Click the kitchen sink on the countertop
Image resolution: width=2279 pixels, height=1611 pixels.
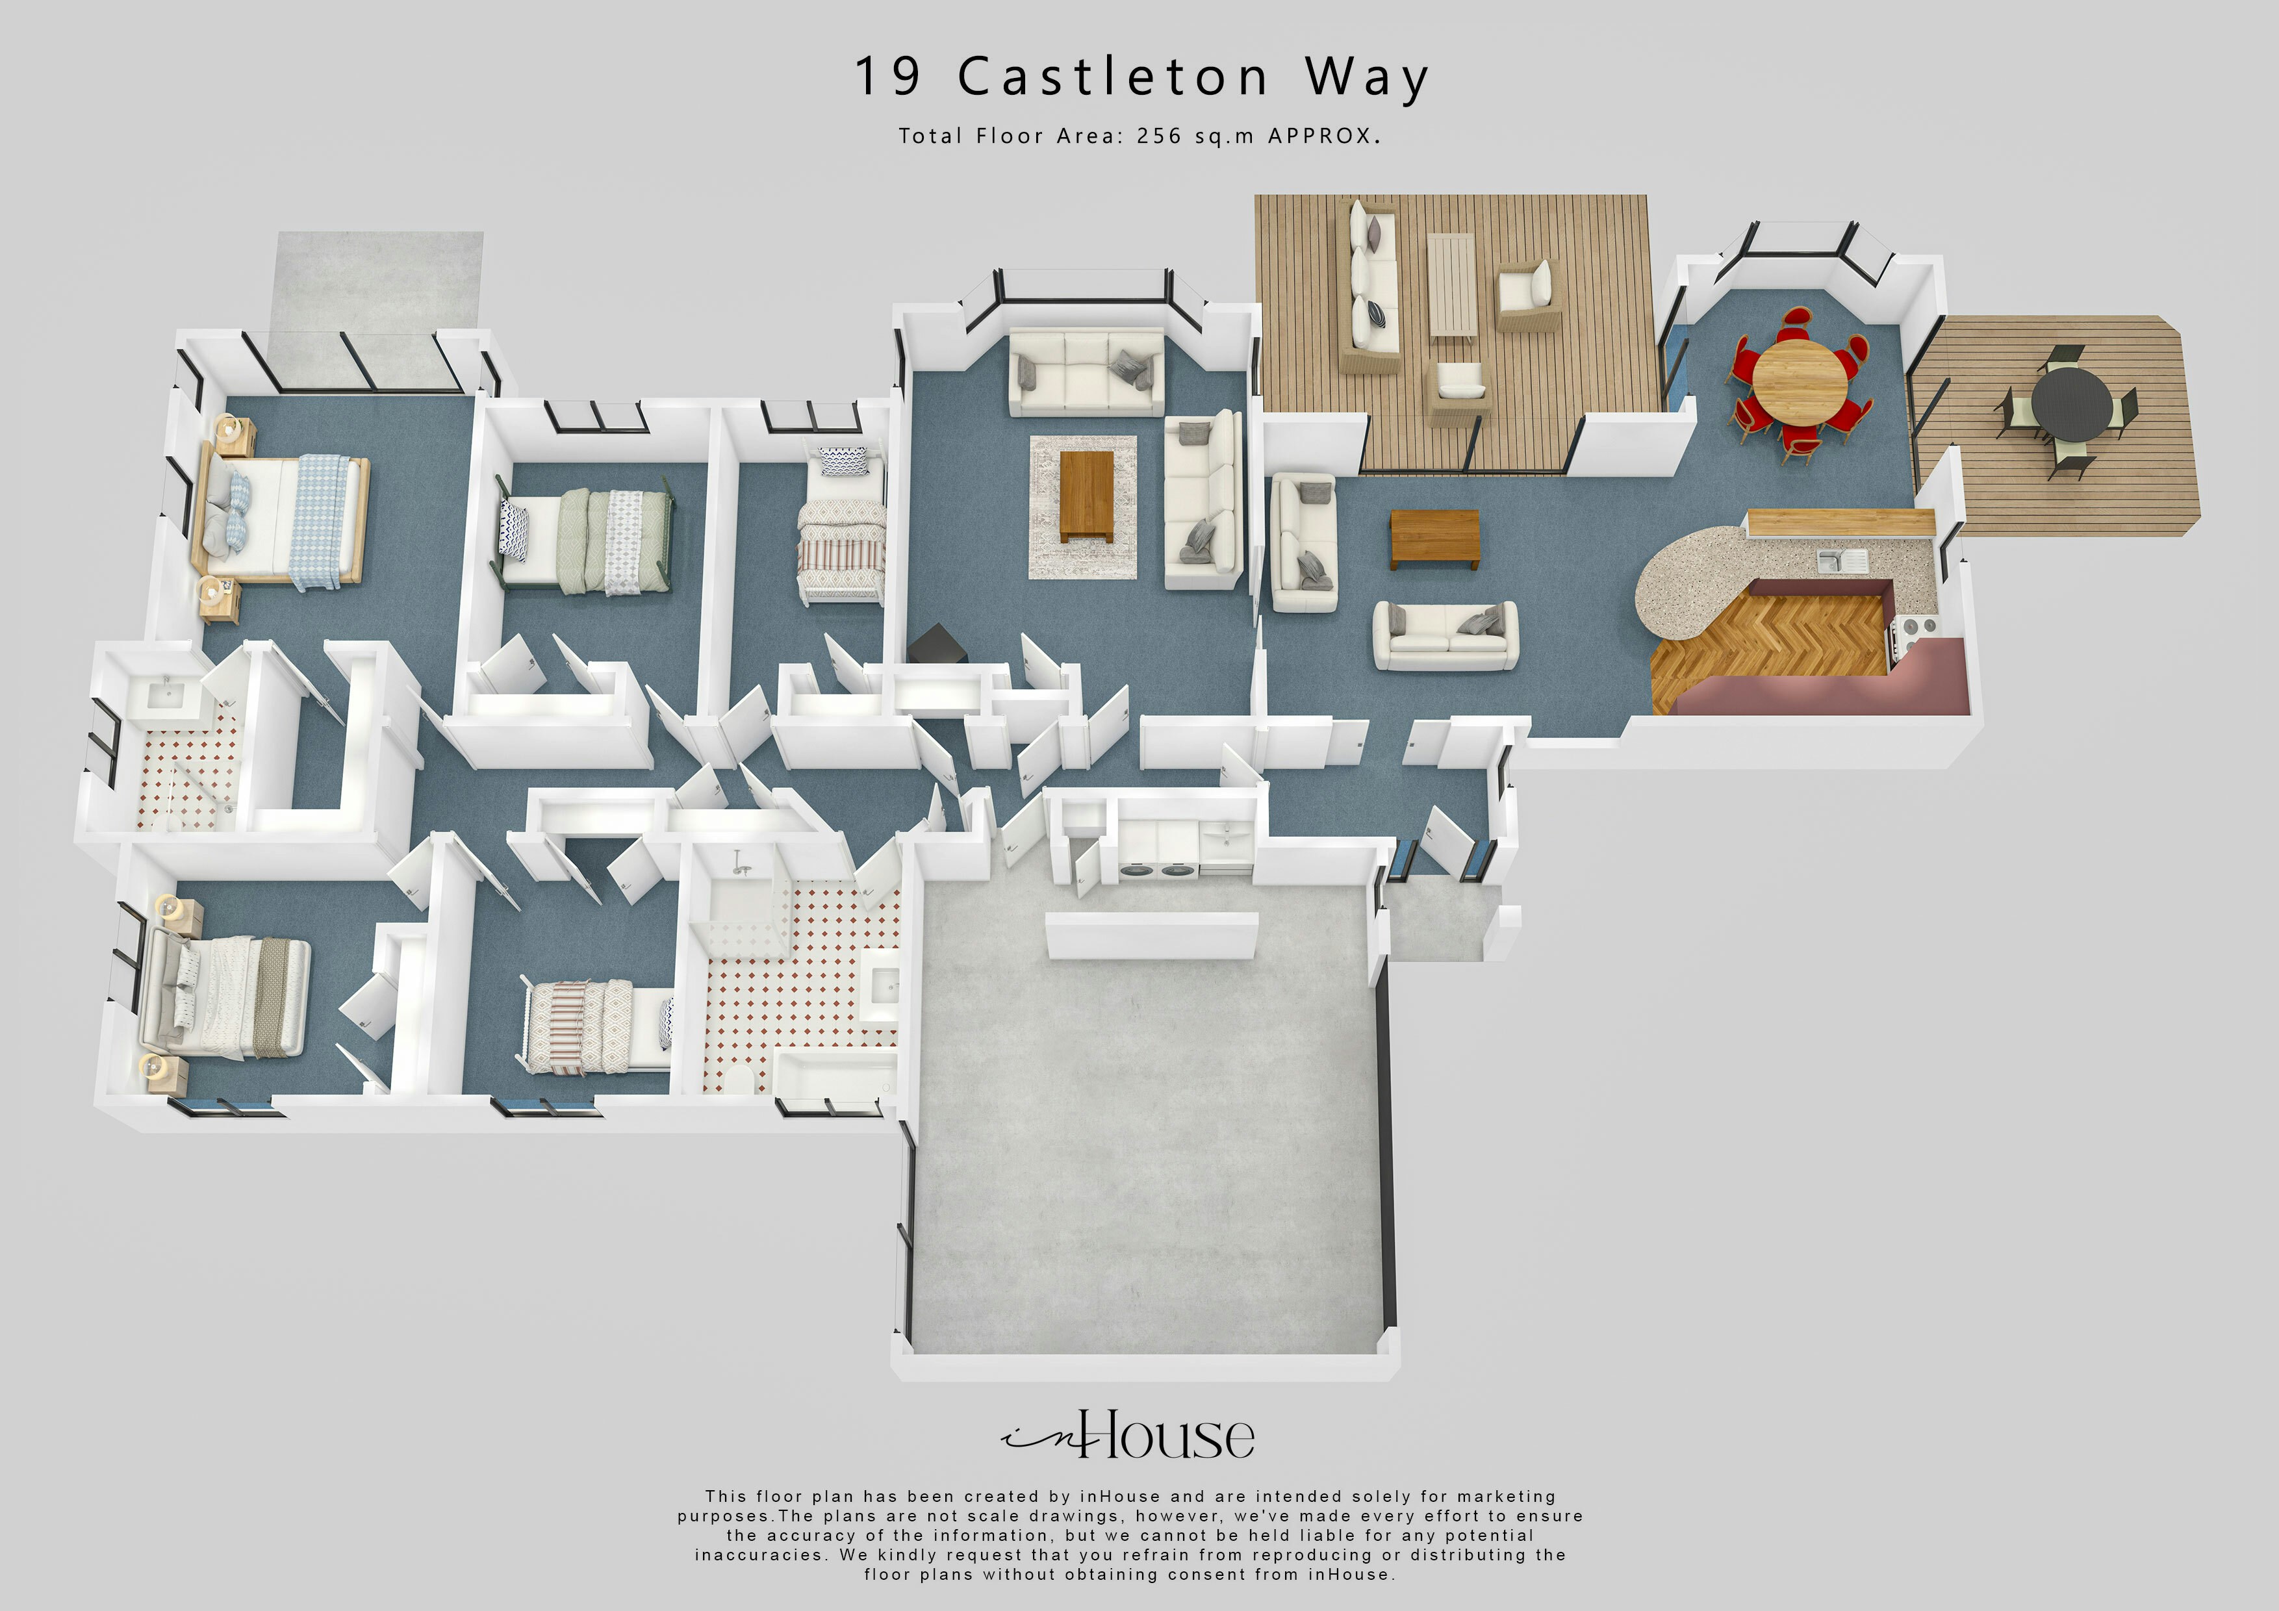tap(1842, 561)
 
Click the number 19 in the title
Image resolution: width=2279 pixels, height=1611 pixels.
tap(888, 77)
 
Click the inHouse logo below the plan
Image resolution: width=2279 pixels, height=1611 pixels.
tap(1128, 1436)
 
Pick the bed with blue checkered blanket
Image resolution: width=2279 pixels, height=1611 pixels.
tap(288, 519)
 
